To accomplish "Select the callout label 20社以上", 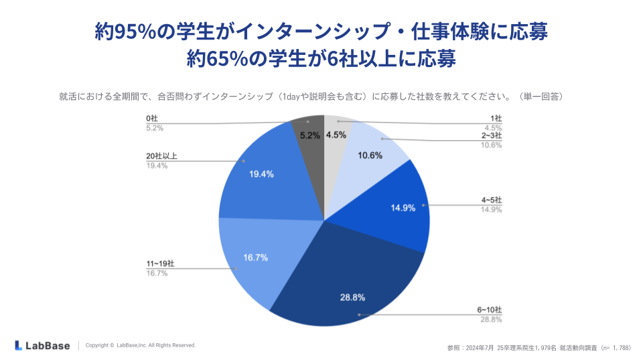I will click(x=161, y=156).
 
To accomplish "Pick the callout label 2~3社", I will click(x=492, y=135).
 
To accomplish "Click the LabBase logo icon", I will click(x=19, y=345).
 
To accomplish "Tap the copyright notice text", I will click(x=141, y=345).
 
